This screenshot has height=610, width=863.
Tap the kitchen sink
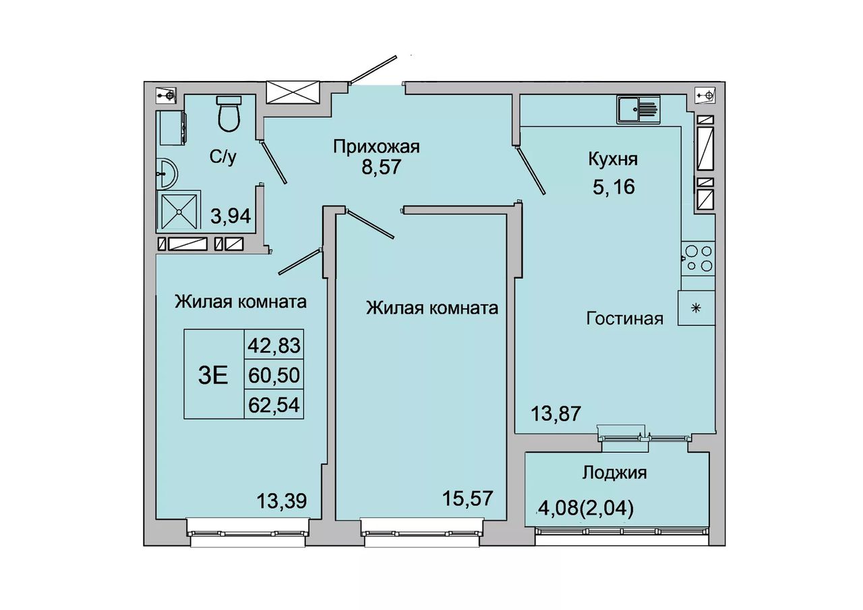tap(638, 109)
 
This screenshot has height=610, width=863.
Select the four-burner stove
tap(698, 258)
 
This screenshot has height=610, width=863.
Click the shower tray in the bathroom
tap(179, 211)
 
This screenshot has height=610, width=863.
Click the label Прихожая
tap(376, 147)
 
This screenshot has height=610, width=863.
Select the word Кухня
tap(613, 160)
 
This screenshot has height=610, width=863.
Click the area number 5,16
tap(614, 187)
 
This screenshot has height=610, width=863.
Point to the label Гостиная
tap(624, 319)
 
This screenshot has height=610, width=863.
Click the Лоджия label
tap(614, 473)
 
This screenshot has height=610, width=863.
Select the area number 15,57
tap(467, 498)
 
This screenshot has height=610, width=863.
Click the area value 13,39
tap(282, 501)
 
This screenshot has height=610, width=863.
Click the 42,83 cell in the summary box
tap(274, 345)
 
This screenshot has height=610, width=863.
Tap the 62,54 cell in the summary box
tap(274, 405)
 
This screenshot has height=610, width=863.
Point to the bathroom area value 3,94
tap(231, 216)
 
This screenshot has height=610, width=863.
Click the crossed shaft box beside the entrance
tap(293, 92)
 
